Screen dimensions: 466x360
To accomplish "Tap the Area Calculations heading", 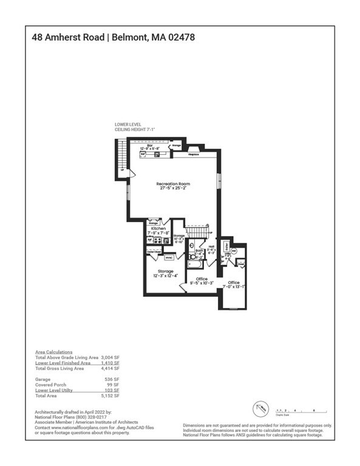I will [53, 352].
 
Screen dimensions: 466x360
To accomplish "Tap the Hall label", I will [211, 246].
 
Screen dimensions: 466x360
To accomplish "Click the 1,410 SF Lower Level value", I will [111, 363].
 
